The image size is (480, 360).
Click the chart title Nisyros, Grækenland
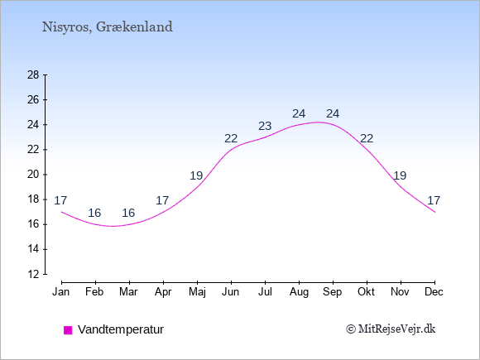tap(107, 27)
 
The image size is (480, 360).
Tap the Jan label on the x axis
tap(61, 292)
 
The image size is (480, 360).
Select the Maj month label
tap(197, 292)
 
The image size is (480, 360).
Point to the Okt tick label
tap(366, 292)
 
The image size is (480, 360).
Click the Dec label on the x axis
tap(434, 292)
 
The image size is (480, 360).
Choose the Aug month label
tap(299, 292)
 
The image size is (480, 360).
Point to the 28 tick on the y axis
tap(33, 74)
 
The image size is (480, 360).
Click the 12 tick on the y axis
tap(33, 274)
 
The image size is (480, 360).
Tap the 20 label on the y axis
tap(33, 175)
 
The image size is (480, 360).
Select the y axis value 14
tap(33, 249)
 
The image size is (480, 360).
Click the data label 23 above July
tap(265, 126)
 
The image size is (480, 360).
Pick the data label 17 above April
tap(162, 200)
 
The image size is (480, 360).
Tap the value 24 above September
tap(333, 113)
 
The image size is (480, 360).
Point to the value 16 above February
tap(94, 213)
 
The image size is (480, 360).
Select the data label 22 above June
tap(231, 139)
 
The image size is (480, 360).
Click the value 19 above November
tap(400, 175)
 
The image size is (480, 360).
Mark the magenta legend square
tap(68, 330)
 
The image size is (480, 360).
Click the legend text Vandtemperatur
tap(121, 329)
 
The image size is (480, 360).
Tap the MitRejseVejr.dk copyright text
tap(391, 329)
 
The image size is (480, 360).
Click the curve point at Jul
tap(265, 137)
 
